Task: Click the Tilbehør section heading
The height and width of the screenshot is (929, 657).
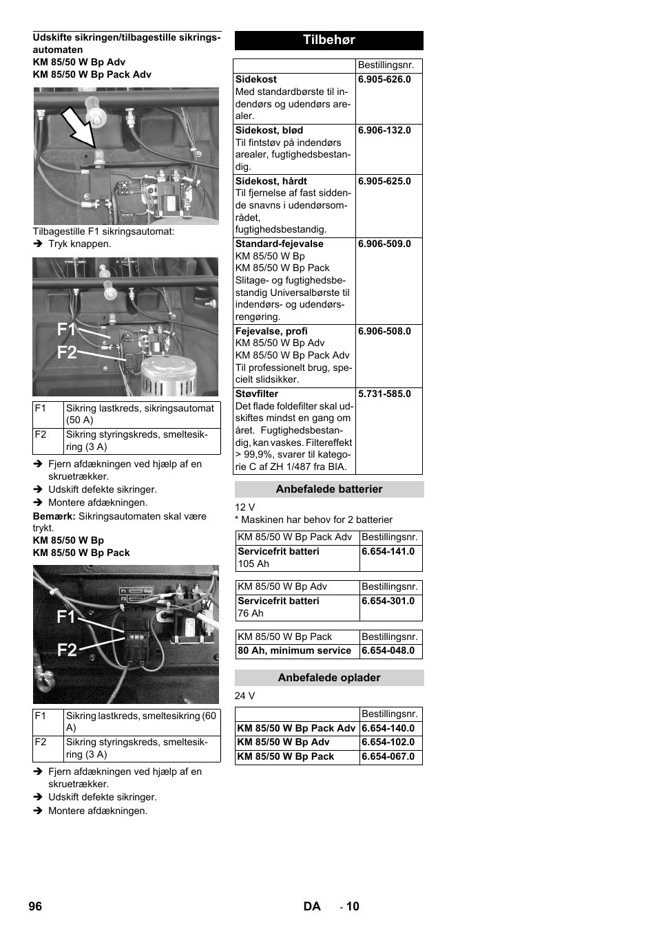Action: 328,40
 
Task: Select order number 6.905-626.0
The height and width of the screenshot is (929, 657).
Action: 384,79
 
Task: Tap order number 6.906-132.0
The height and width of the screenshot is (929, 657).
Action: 384,130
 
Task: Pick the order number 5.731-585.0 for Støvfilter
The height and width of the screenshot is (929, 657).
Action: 384,394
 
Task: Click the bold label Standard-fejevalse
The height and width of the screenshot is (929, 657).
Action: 279,244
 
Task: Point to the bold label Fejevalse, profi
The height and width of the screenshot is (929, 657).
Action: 271,331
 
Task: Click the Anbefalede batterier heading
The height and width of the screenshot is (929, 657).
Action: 328,489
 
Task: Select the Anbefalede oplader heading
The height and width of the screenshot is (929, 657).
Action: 328,678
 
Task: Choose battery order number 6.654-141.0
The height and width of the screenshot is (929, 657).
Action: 388,551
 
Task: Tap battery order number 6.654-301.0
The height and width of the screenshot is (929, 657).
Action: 388,601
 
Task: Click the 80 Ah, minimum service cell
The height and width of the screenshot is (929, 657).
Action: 294,650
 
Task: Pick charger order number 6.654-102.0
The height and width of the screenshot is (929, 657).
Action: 388,742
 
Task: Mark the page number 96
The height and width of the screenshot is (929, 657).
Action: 35,906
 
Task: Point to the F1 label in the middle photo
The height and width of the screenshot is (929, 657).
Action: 66,330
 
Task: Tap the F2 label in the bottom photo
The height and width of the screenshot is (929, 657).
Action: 67,650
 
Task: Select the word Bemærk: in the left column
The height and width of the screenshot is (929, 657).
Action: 54,516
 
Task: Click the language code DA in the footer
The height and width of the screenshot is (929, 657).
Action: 312,906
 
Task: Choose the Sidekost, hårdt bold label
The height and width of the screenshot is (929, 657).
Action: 271,181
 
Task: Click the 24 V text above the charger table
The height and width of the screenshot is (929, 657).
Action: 244,696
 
